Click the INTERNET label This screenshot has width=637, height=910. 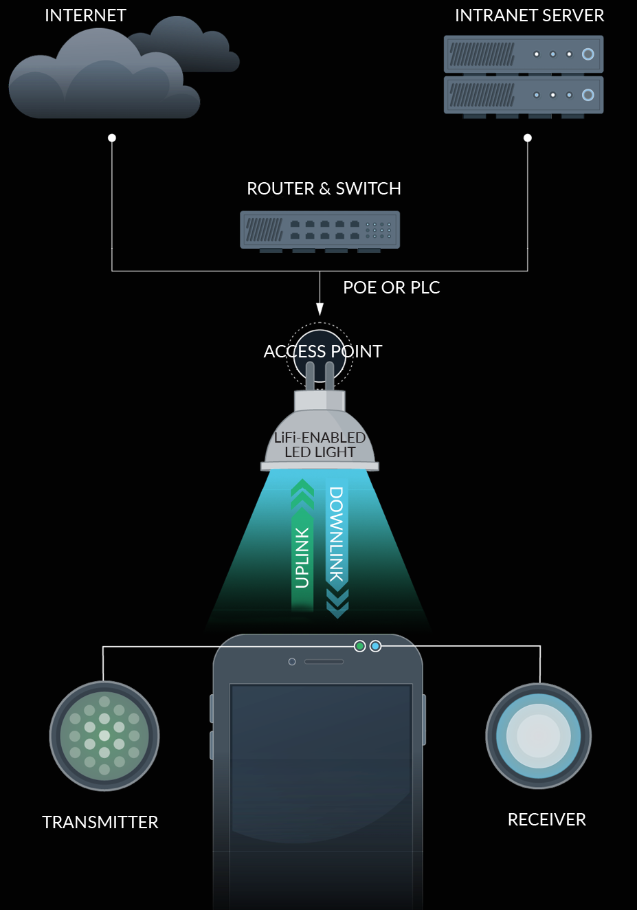click(85, 15)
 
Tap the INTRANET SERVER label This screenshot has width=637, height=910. click(529, 15)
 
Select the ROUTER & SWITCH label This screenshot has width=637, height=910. click(324, 188)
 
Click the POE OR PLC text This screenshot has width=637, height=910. click(391, 287)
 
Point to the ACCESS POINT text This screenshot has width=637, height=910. click(322, 351)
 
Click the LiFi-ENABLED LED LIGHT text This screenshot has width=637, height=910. click(320, 445)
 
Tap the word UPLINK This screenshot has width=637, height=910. click(302, 557)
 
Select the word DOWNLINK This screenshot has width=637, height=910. click(336, 535)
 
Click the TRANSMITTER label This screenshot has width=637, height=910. click(100, 822)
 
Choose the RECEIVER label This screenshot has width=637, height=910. click(546, 819)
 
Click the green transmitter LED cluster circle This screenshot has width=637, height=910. click(104, 736)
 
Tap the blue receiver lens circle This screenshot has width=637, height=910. click(539, 736)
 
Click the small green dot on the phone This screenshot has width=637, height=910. click(359, 646)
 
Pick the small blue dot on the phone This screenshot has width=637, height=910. click(375, 646)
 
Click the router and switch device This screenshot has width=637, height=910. click(320, 230)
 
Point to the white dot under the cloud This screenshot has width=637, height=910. click(112, 138)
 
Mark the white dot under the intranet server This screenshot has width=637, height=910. click(528, 138)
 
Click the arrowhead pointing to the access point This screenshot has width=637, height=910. click(320, 310)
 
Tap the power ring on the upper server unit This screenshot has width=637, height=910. click(588, 54)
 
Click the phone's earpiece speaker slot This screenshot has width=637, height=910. click(324, 662)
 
